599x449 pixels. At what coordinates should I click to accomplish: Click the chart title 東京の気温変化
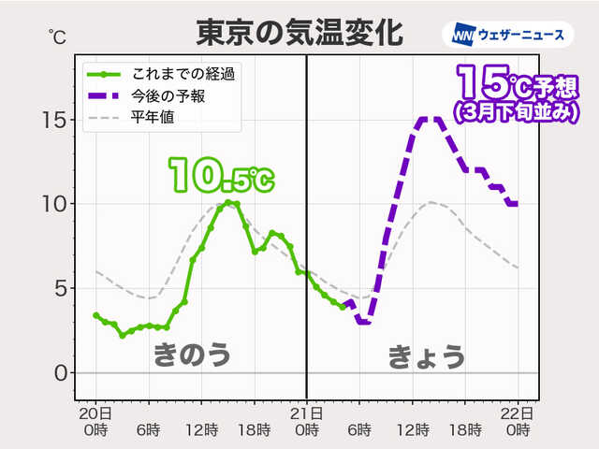click(x=299, y=34)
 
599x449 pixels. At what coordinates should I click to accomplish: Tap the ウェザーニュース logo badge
click(x=506, y=35)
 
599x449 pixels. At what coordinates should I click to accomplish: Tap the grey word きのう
click(x=192, y=354)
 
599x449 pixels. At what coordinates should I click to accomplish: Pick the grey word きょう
click(x=426, y=355)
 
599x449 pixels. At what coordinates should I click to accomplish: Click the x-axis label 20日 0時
click(x=95, y=421)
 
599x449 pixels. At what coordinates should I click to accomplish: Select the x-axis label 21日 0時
click(x=307, y=421)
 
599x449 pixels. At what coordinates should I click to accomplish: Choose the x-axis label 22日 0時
click(x=519, y=421)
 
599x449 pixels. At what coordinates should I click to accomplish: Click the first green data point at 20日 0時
click(x=95, y=315)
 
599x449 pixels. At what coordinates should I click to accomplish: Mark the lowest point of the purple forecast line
click(x=363, y=322)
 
